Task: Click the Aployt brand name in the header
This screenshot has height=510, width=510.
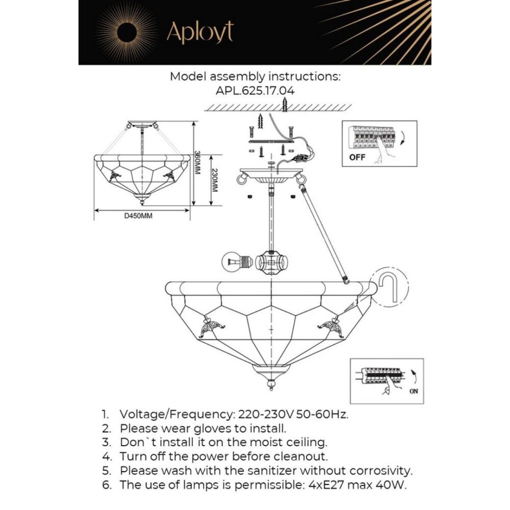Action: pyautogui.click(x=200, y=32)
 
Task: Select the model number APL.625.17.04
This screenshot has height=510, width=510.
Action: pyautogui.click(x=255, y=91)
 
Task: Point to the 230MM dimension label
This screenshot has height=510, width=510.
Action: pyautogui.click(x=214, y=180)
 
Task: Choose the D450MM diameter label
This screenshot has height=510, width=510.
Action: pyautogui.click(x=138, y=216)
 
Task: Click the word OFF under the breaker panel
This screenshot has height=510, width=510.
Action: pyautogui.click(x=357, y=157)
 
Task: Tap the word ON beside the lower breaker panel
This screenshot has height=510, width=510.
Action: pyautogui.click(x=414, y=391)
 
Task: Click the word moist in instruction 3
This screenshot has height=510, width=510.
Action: pyautogui.click(x=263, y=442)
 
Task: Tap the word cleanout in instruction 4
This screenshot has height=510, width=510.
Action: pyautogui.click(x=301, y=457)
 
